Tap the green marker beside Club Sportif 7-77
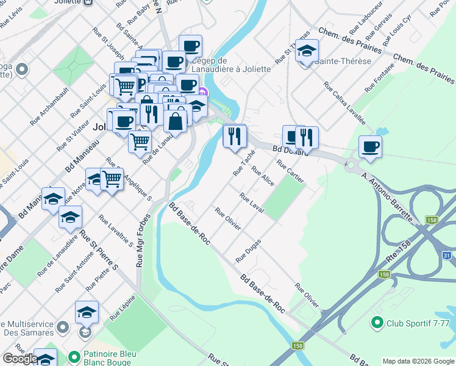377,322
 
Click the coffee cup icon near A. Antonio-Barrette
370,146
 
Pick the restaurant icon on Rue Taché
235,137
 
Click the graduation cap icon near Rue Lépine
87,312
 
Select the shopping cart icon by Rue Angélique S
112,180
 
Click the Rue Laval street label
252,203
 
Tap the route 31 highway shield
447,256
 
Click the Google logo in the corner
20,359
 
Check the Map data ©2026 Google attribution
418,361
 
